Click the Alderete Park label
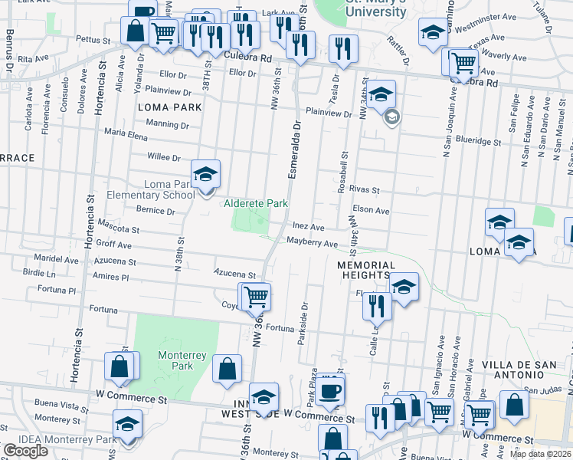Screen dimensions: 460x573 pyautogui.click(x=256, y=203)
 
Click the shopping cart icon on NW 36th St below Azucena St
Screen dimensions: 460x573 pyautogui.click(x=257, y=296)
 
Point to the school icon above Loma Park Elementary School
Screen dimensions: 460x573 pyautogui.click(x=205, y=176)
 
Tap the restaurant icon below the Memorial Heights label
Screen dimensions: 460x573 pyautogui.click(x=377, y=306)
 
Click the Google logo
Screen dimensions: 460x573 pyautogui.click(x=25, y=451)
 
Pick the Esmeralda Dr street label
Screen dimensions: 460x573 pyautogui.click(x=293, y=152)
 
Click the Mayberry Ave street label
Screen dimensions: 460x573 pyautogui.click(x=312, y=243)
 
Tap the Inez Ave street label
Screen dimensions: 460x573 pyautogui.click(x=309, y=228)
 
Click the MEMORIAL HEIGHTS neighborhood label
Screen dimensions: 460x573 pyautogui.click(x=366, y=270)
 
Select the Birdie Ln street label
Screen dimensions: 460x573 pyautogui.click(x=40, y=273)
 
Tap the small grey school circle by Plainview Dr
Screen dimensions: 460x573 pyautogui.click(x=392, y=117)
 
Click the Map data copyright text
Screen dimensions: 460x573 pyautogui.click(x=541, y=454)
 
